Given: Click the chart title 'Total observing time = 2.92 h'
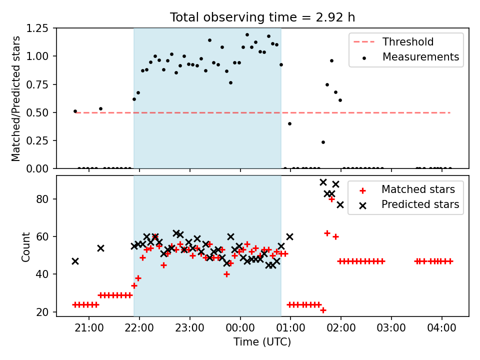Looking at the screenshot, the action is click(262, 17).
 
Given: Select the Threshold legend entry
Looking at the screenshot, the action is click(393, 41).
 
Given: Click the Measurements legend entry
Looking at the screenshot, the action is click(410, 57).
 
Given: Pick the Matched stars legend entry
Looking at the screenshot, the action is click(407, 189).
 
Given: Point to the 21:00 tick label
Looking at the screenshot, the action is click(89, 328).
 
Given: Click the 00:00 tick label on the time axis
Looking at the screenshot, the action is click(240, 328).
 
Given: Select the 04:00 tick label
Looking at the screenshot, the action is click(441, 328).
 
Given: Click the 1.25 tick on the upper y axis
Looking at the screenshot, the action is click(37, 28).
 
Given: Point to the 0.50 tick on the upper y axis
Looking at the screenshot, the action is click(37, 112).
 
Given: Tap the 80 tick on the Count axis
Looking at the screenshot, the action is click(43, 199).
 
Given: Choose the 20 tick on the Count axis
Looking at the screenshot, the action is click(43, 312).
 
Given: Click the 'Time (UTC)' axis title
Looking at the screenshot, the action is click(262, 341).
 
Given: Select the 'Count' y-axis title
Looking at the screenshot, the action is click(25, 247).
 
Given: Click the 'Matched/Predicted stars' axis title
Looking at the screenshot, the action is click(15, 98).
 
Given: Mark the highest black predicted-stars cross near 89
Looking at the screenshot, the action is click(323, 182).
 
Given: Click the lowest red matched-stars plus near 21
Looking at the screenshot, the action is click(323, 310).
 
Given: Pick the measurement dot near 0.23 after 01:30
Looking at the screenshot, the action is click(323, 142).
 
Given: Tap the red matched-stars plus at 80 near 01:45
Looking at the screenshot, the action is click(331, 199).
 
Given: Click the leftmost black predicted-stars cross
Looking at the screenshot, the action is click(75, 261).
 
